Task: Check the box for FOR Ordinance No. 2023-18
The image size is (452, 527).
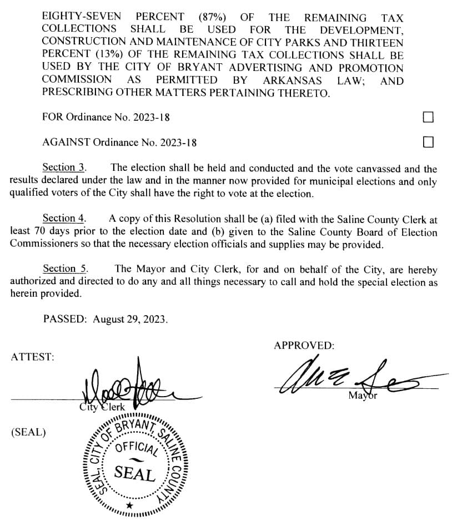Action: click(428, 117)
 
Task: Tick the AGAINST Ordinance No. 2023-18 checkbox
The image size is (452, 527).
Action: click(428, 142)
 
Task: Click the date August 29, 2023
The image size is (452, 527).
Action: click(130, 320)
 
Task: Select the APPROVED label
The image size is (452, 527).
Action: click(304, 346)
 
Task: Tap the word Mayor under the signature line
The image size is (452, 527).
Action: click(363, 396)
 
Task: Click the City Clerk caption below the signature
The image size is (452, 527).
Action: click(102, 408)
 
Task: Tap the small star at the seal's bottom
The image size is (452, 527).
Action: click(129, 505)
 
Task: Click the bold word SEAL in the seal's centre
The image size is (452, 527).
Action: click(134, 474)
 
